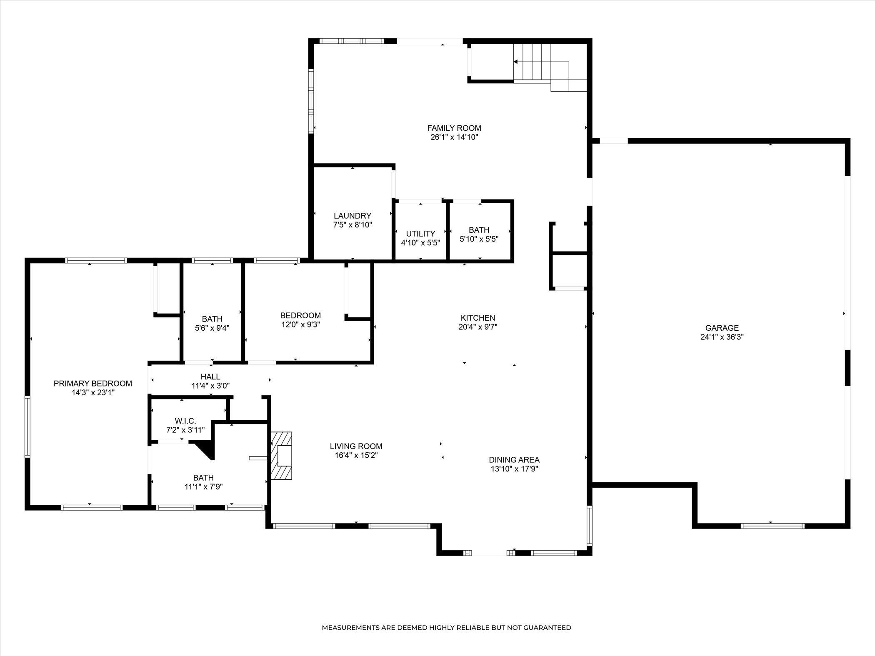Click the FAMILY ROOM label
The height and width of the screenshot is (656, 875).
pos(454,128)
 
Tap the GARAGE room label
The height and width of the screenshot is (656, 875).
pos(722,328)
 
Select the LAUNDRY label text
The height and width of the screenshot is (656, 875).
pos(352,216)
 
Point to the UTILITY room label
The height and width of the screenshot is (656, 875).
pos(420,234)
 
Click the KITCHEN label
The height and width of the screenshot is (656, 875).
pos(477,318)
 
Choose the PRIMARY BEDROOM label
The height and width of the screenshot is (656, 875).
pos(93,384)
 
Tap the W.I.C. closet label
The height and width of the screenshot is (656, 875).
pos(185,421)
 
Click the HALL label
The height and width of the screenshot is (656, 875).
pos(210,377)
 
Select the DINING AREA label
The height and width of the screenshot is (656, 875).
pos(514,460)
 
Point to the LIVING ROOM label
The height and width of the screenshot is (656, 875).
pos(356,446)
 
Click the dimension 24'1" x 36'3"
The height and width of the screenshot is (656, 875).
pos(722,337)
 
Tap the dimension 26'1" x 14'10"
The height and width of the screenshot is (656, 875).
pos(454,137)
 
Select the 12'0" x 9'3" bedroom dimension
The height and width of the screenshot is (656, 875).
pos(300,324)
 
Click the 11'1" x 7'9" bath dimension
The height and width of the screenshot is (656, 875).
pos(203,486)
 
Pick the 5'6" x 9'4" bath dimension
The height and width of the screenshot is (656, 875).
pos(212,328)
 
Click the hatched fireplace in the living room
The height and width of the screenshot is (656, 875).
pos(281,456)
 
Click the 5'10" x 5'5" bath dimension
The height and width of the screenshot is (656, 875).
pos(479,239)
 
